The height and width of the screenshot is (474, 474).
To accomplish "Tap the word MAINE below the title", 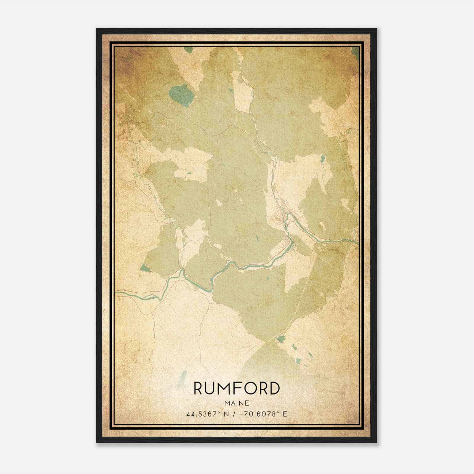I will tap(237, 403).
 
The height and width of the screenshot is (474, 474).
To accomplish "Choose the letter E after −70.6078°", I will tap(285, 414).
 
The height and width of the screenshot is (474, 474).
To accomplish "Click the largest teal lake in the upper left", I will tap(182, 95).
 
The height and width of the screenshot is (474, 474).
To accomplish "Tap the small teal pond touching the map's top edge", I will tap(188, 50).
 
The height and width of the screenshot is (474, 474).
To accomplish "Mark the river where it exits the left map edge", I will tap(117, 292).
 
